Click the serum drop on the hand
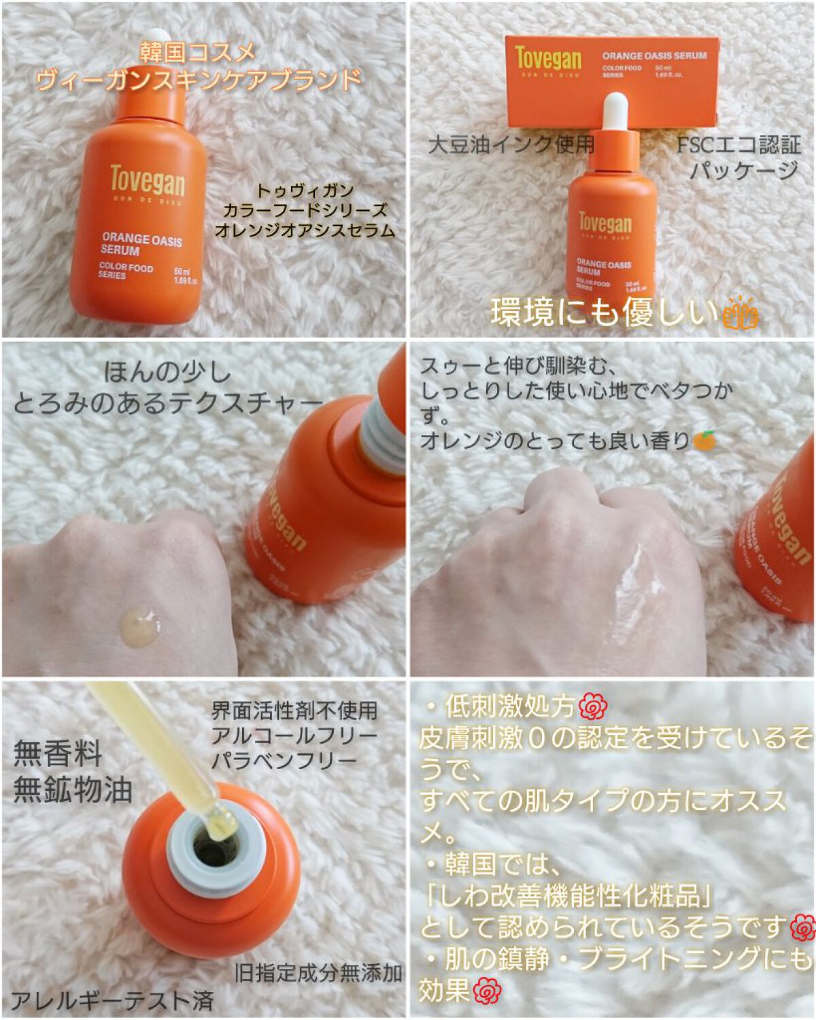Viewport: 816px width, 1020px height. tap(141, 625)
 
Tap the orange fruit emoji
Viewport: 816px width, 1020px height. tap(704, 441)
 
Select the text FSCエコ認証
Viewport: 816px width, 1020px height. tap(738, 146)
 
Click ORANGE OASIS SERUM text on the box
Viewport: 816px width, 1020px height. tap(654, 56)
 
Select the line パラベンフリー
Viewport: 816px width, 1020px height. tap(284, 760)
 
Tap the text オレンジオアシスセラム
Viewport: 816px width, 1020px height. tap(305, 230)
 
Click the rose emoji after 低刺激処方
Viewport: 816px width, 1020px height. tap(594, 708)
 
